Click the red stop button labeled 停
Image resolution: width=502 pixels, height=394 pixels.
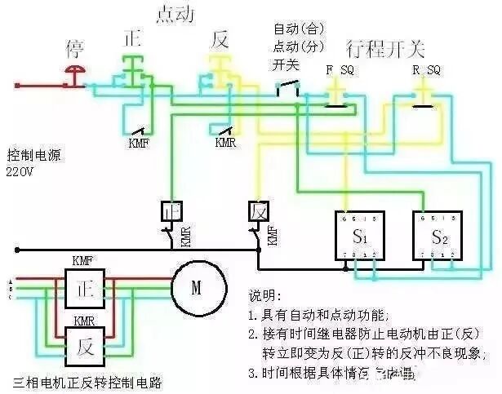(x=75, y=75)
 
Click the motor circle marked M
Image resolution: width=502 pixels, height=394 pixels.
(x=196, y=287)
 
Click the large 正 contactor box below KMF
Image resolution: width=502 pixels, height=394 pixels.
(x=83, y=289)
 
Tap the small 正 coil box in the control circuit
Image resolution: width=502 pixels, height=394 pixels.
(x=171, y=210)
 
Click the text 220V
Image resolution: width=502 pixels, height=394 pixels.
(x=22, y=172)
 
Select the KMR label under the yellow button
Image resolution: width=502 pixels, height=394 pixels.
(x=225, y=143)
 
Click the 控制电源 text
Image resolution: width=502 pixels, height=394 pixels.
(x=34, y=155)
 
